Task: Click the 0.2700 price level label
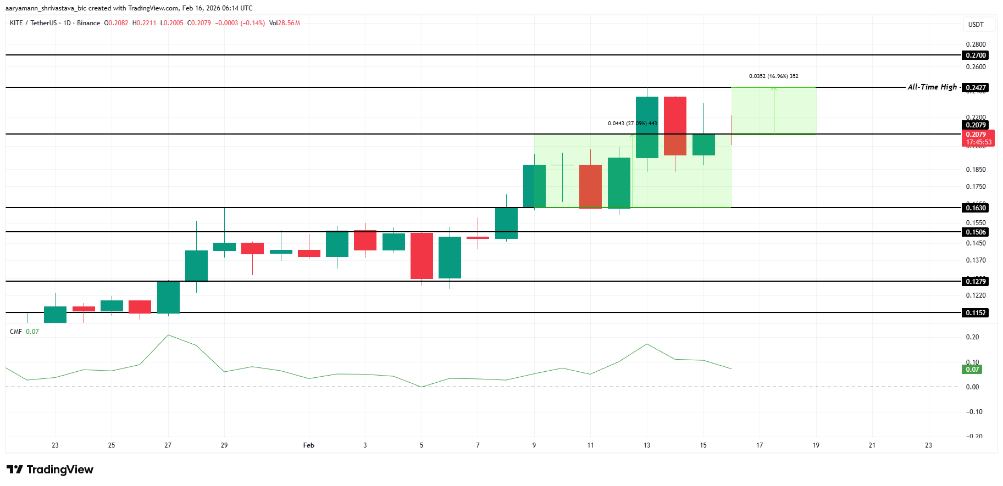976,55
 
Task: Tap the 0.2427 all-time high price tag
976,87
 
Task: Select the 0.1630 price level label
976,208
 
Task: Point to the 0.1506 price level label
976,232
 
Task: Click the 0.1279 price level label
976,281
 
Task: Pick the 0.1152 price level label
976,312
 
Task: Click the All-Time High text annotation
932,87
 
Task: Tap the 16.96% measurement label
773,76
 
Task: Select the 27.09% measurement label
632,124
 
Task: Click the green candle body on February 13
647,127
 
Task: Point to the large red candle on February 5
422,255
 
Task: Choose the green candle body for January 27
168,297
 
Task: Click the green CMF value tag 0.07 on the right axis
972,370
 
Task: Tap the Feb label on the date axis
309,445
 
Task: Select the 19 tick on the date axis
816,445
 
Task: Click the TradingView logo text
59,470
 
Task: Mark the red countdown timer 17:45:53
979,142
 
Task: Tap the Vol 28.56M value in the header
285,23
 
